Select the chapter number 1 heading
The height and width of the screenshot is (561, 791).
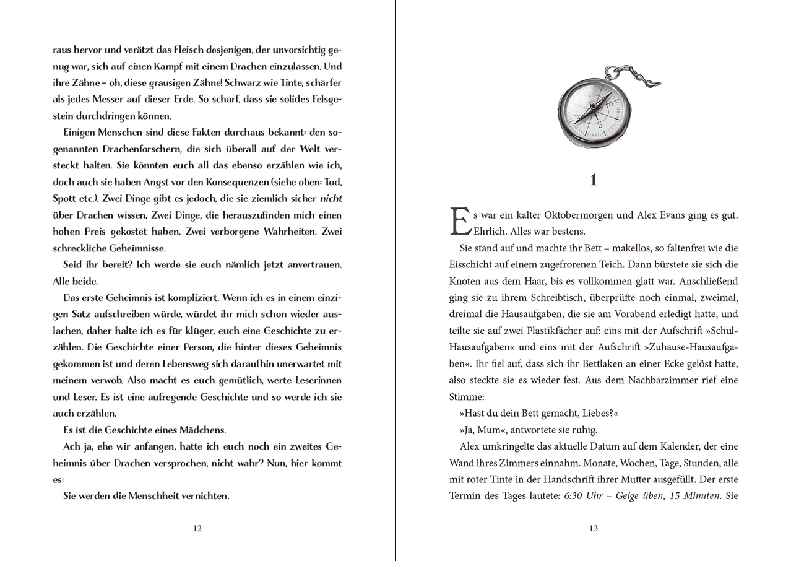(x=594, y=180)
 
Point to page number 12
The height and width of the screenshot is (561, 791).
(x=197, y=528)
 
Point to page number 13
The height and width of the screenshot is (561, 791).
(x=594, y=528)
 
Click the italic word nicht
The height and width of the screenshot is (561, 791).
(x=331, y=199)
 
